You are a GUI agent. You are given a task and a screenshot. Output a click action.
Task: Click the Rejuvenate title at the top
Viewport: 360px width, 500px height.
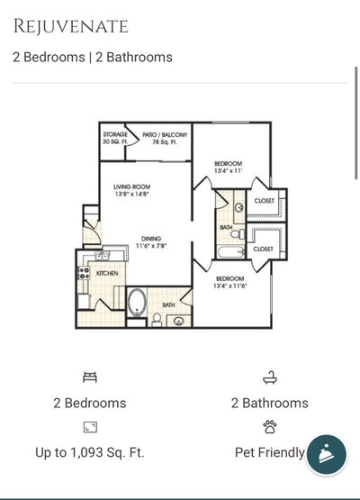[x=70, y=26]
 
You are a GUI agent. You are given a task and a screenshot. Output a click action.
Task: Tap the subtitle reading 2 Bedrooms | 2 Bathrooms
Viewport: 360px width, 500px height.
[x=93, y=57]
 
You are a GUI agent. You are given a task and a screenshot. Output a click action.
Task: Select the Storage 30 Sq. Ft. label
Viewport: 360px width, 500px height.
[x=114, y=137]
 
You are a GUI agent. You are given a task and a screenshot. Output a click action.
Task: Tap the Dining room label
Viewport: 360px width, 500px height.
[x=150, y=241]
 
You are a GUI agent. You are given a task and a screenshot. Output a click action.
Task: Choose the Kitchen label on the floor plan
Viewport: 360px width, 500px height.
[x=107, y=272]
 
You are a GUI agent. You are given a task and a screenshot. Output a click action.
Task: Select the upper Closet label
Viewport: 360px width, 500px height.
[x=264, y=201]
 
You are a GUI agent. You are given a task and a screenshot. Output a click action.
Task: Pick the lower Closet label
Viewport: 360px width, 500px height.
[x=263, y=249]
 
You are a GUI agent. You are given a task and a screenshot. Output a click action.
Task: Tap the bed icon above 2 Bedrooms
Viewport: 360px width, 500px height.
[x=89, y=377]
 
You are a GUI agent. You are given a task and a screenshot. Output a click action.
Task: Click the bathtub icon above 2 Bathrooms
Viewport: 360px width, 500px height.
[x=269, y=377]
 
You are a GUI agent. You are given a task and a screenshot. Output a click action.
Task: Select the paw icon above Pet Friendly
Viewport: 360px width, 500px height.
[x=269, y=427]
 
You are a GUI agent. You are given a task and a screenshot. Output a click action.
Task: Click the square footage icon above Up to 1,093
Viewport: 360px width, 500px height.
[x=89, y=427]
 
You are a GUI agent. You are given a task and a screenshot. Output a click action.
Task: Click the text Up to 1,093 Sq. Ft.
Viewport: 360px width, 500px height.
[x=89, y=452]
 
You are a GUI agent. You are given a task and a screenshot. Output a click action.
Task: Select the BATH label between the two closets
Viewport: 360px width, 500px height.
[x=225, y=227]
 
